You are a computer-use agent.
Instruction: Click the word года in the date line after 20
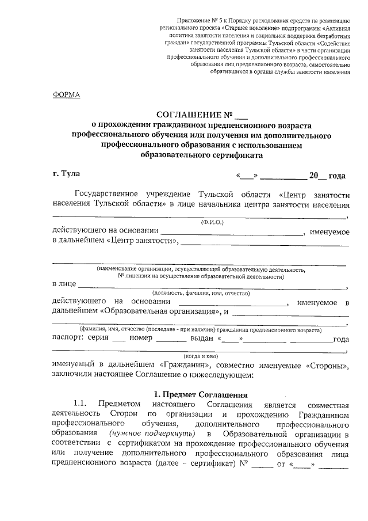336,176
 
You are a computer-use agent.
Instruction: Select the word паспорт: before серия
68,339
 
